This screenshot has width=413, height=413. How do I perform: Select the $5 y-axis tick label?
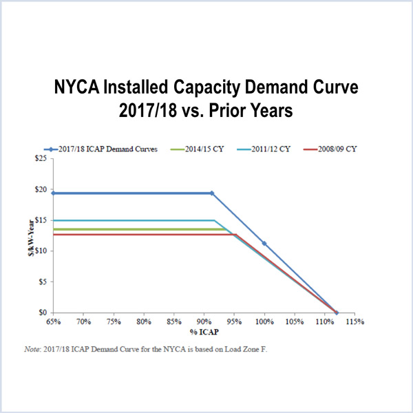42,282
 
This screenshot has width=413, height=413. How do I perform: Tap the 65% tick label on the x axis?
54,321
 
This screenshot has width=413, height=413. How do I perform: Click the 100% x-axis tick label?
264,321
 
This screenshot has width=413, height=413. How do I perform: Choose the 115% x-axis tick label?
355,321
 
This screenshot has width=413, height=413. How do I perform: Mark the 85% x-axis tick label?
174,321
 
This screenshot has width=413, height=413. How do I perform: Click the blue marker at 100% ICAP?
264,244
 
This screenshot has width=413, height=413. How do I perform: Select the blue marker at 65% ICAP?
54,193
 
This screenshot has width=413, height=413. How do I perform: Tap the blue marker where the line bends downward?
211,193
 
